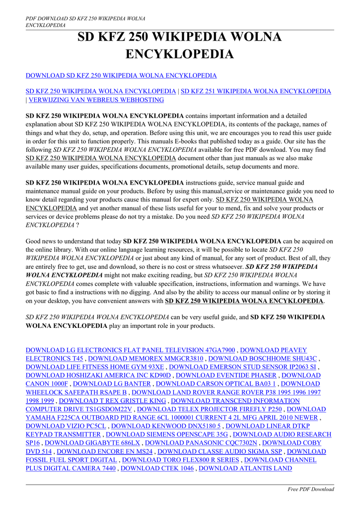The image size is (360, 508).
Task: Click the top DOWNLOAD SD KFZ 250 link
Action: (121, 75)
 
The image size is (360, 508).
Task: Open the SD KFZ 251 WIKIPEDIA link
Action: (255, 91)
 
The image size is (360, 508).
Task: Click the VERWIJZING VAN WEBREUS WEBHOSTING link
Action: (96, 100)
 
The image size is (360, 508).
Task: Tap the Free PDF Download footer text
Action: (311, 489)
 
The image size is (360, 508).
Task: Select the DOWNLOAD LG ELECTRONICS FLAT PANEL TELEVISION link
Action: (130, 350)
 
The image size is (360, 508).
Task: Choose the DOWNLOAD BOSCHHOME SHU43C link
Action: (262, 359)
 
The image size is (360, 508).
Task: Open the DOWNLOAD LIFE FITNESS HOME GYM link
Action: (94, 367)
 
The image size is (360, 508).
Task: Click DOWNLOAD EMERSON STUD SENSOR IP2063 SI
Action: (242, 367)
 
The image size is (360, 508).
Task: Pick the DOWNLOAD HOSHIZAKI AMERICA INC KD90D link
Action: (98, 376)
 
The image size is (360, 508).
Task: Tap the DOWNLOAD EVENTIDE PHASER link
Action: (226, 376)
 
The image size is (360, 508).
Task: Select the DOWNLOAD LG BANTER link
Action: (112, 384)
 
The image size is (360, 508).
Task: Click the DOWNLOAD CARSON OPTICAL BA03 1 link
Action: (216, 384)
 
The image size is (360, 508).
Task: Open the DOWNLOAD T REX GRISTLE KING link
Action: (112, 401)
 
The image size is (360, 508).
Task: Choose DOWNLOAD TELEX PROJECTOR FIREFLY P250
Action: (209, 409)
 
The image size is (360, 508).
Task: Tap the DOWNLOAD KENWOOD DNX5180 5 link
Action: (166, 426)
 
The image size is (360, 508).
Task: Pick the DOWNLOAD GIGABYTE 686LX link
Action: (92, 443)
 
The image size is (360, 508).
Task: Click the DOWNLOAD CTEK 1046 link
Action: (157, 468)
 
